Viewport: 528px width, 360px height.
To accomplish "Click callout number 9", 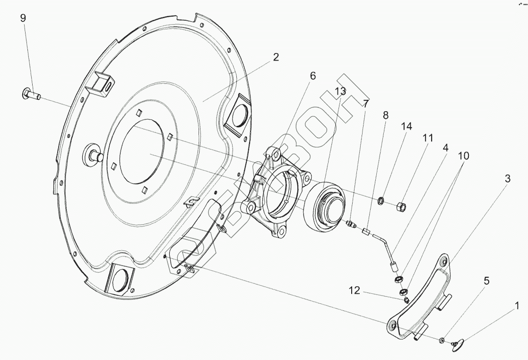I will pyautogui.click(x=23, y=18).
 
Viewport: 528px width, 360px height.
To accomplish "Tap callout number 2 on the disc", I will pyautogui.click(x=276, y=57).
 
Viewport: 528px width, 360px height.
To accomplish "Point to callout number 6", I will pyautogui.click(x=312, y=76).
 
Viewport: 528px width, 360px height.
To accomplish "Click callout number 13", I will pyautogui.click(x=340, y=91).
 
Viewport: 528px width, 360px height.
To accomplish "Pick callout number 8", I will pyautogui.click(x=386, y=115).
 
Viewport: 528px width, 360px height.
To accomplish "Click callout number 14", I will pyautogui.click(x=407, y=126).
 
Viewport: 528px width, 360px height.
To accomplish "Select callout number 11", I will pyautogui.click(x=428, y=138).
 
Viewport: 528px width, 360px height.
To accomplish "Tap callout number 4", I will pyautogui.click(x=445, y=148).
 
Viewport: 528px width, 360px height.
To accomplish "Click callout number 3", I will pyautogui.click(x=507, y=179).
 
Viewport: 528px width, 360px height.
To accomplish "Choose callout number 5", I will pyautogui.click(x=486, y=281).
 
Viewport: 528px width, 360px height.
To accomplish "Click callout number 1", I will pyautogui.click(x=517, y=306).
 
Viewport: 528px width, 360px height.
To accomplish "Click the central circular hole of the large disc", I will pyautogui.click(x=141, y=153).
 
